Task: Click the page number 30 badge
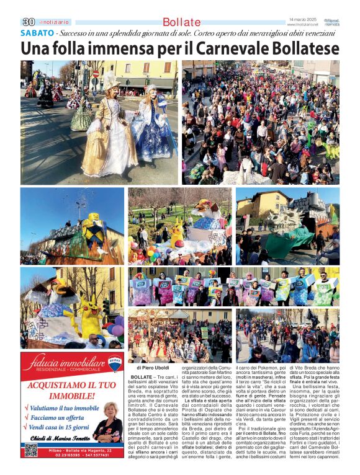click(27, 22)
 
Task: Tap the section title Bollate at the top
click(182, 22)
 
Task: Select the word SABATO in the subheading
click(37, 33)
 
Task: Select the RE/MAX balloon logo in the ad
click(115, 363)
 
